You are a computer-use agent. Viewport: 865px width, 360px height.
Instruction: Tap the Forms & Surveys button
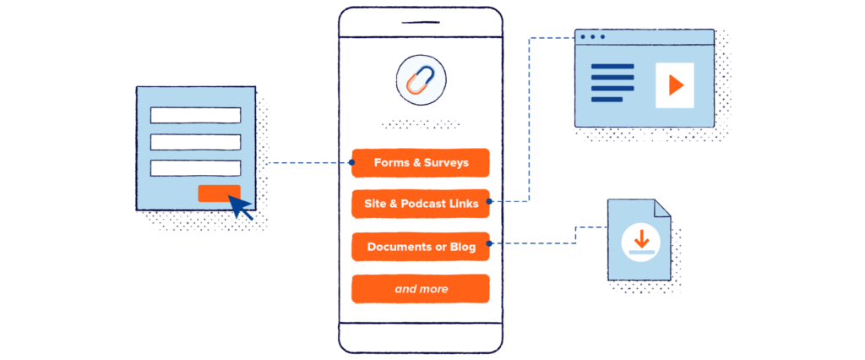[x=421, y=162]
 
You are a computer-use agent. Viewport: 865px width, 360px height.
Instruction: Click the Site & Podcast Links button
[x=421, y=204]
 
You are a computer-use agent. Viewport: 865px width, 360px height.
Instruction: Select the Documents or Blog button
[x=421, y=247]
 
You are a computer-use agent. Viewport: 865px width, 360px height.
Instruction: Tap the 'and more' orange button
[x=421, y=289]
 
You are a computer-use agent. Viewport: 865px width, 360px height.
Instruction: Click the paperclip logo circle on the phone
[x=421, y=81]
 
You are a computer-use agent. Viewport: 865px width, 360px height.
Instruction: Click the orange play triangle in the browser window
[x=674, y=85]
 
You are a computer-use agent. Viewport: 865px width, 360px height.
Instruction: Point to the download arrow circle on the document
[x=639, y=238]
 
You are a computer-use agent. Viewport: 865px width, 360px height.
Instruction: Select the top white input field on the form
[x=195, y=115]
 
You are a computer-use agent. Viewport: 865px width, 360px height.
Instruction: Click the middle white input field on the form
[x=195, y=141]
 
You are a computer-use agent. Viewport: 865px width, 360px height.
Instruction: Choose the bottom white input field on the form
[x=195, y=167]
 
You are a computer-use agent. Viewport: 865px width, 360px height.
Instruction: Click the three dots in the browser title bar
[x=592, y=37]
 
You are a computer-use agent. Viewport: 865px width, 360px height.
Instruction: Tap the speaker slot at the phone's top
[x=421, y=23]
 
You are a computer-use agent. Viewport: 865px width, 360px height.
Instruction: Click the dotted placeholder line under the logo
[x=421, y=125]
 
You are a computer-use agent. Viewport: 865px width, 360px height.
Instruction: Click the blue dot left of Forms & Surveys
[x=351, y=162]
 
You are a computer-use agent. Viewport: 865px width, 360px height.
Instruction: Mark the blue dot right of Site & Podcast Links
[x=491, y=202]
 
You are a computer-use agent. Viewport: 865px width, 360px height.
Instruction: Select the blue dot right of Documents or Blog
[x=491, y=245]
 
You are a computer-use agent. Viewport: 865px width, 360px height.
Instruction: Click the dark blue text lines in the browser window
[x=612, y=83]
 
